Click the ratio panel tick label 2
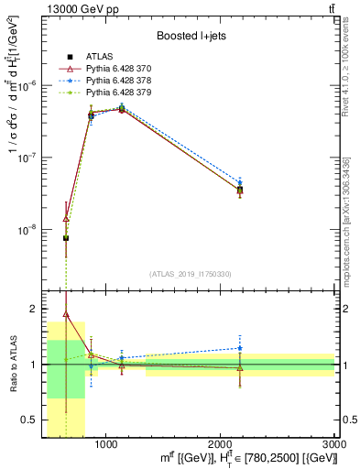pos(32,310)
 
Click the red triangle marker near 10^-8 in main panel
pos(66,219)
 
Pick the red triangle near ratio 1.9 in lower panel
pos(66,314)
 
